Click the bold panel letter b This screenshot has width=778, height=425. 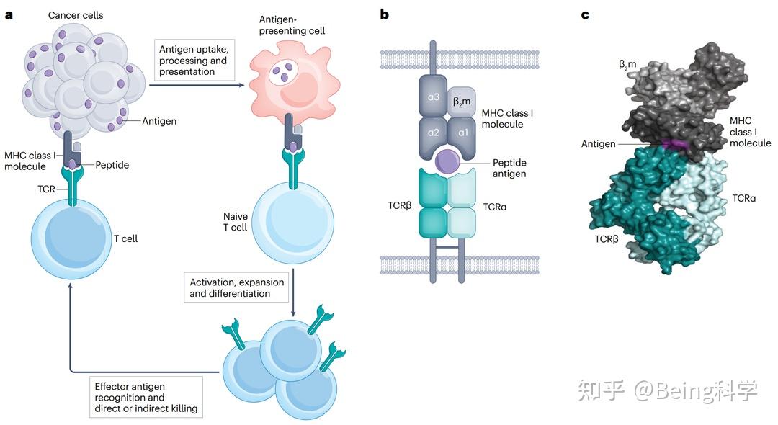[385, 14]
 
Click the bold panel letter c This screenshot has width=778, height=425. [585, 14]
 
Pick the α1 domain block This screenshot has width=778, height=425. [462, 133]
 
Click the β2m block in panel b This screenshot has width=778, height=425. [461, 102]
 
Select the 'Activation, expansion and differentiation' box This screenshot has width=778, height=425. [237, 287]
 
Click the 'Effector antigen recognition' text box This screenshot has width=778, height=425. [146, 397]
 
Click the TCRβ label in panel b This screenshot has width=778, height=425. [399, 207]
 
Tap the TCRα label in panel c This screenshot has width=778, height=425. [743, 197]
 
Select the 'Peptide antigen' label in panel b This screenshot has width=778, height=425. [509, 168]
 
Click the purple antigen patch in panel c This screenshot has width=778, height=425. [674, 144]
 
